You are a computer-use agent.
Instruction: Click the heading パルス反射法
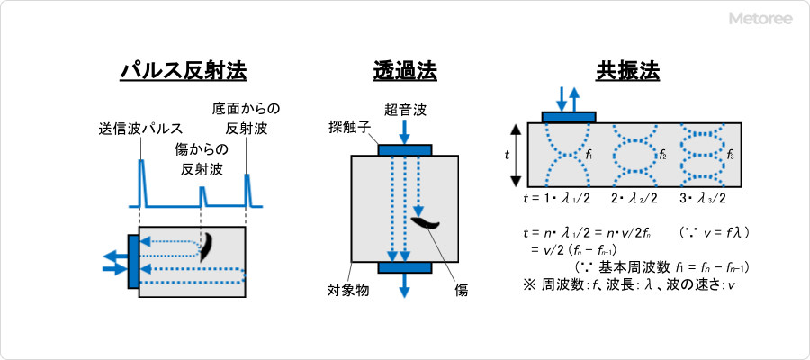184,71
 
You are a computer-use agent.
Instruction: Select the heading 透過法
405,71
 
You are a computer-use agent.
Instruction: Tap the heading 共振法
627,71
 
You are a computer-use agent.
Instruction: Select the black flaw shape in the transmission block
425,221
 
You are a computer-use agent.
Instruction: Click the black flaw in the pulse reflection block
207,246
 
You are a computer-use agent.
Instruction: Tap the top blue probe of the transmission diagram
405,149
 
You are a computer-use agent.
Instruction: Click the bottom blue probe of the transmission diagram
405,267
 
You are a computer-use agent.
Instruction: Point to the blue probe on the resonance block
568,116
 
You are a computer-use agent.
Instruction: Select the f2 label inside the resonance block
662,155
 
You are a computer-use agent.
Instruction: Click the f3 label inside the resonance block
730,155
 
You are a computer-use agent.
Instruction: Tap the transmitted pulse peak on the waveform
141,171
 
